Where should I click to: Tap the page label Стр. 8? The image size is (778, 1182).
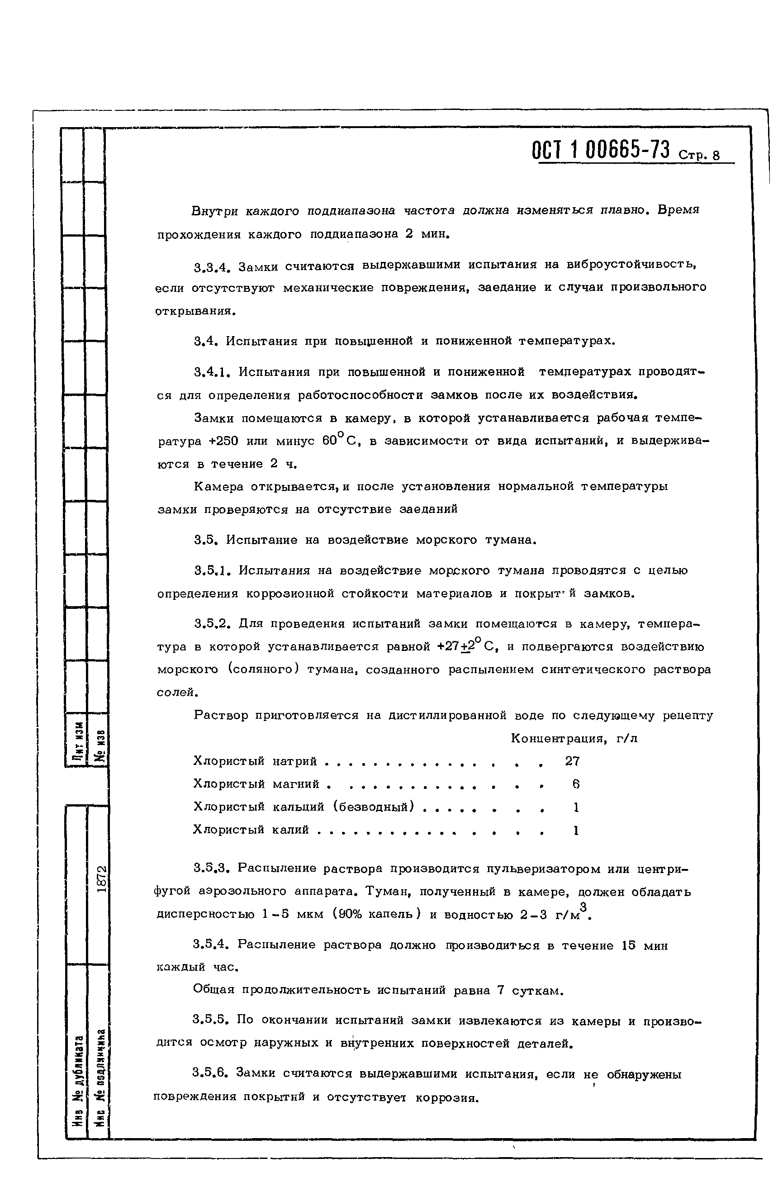coord(699,156)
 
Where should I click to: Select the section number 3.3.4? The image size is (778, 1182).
coord(213,268)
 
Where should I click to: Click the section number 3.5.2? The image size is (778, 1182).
coord(213,624)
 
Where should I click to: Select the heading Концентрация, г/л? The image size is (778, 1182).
coord(574,739)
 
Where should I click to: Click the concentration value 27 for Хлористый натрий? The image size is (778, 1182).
coord(572,761)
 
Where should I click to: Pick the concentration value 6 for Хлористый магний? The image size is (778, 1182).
coord(575,784)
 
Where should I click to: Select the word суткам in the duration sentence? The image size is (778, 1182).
coord(537,999)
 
